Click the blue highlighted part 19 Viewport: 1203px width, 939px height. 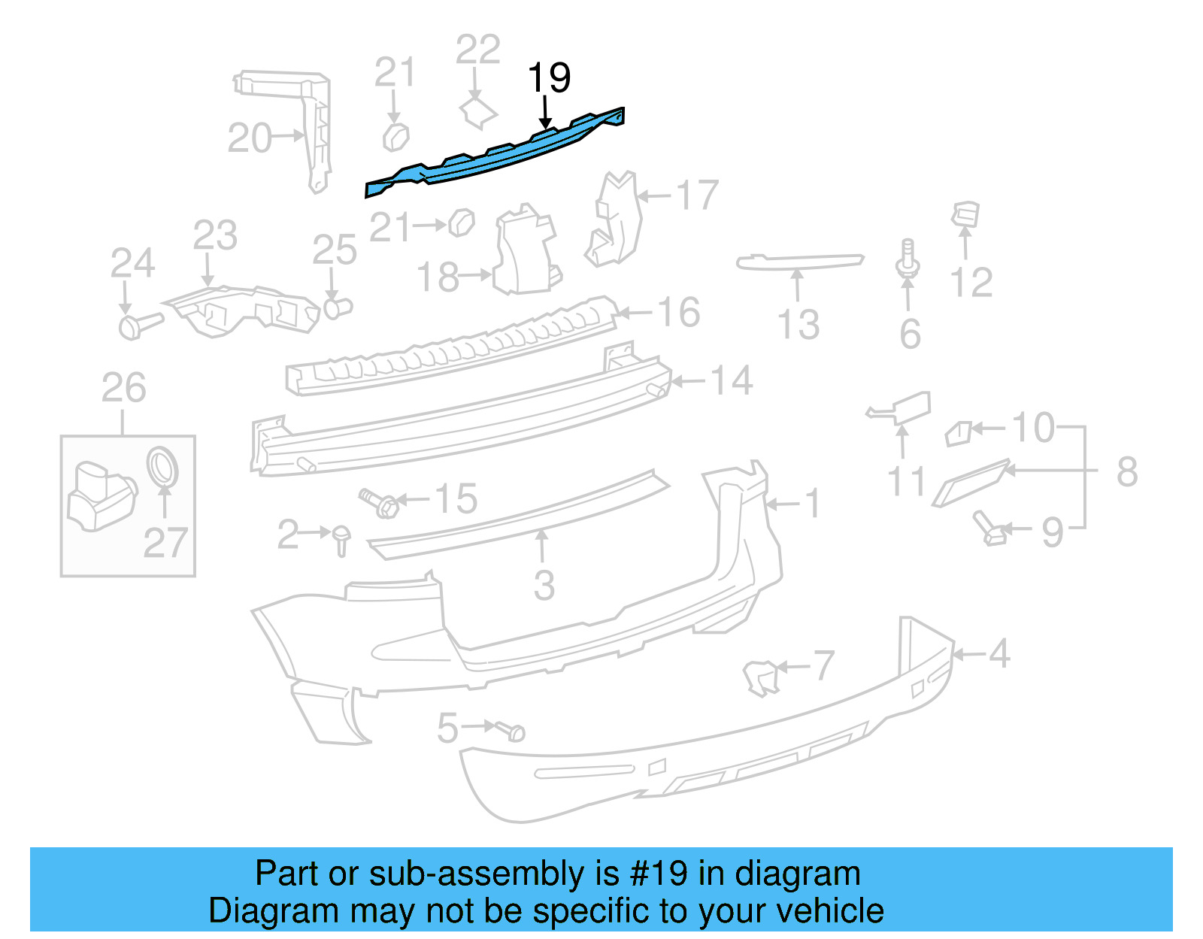(496, 154)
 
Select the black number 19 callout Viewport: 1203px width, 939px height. (549, 77)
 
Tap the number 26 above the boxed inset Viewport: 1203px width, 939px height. (124, 388)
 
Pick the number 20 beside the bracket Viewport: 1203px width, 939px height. (250, 138)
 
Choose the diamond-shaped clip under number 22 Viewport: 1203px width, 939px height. (478, 113)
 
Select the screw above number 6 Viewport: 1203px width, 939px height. (908, 259)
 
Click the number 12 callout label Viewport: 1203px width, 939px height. (971, 283)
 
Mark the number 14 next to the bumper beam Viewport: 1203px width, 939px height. (732, 380)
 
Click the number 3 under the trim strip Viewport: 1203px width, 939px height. (544, 585)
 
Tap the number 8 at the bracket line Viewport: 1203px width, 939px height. (1126, 472)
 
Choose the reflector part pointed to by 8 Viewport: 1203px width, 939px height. (970, 483)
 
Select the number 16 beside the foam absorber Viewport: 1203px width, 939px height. (679, 312)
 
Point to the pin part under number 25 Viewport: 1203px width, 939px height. (338, 307)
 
